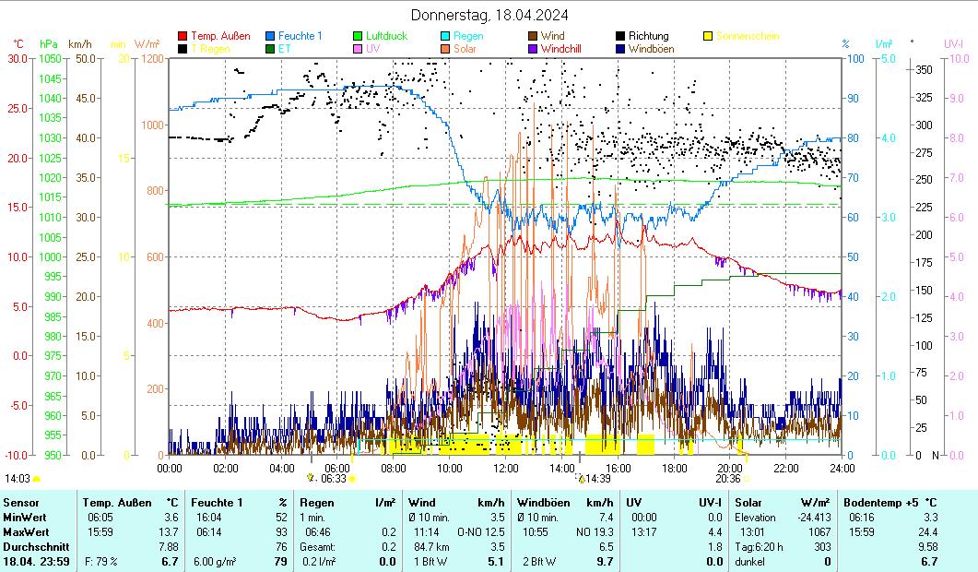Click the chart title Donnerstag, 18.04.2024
[489, 15]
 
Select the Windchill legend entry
[560, 49]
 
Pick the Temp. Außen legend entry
[220, 36]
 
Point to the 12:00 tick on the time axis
[505, 468]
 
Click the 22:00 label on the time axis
[785, 468]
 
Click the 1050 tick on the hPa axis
[50, 58]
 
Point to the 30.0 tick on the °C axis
[18, 58]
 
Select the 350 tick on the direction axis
[923, 69]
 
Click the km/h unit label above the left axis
[80, 43]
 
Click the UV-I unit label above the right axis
[954, 43]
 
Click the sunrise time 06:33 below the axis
[333, 479]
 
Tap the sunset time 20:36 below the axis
[728, 479]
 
